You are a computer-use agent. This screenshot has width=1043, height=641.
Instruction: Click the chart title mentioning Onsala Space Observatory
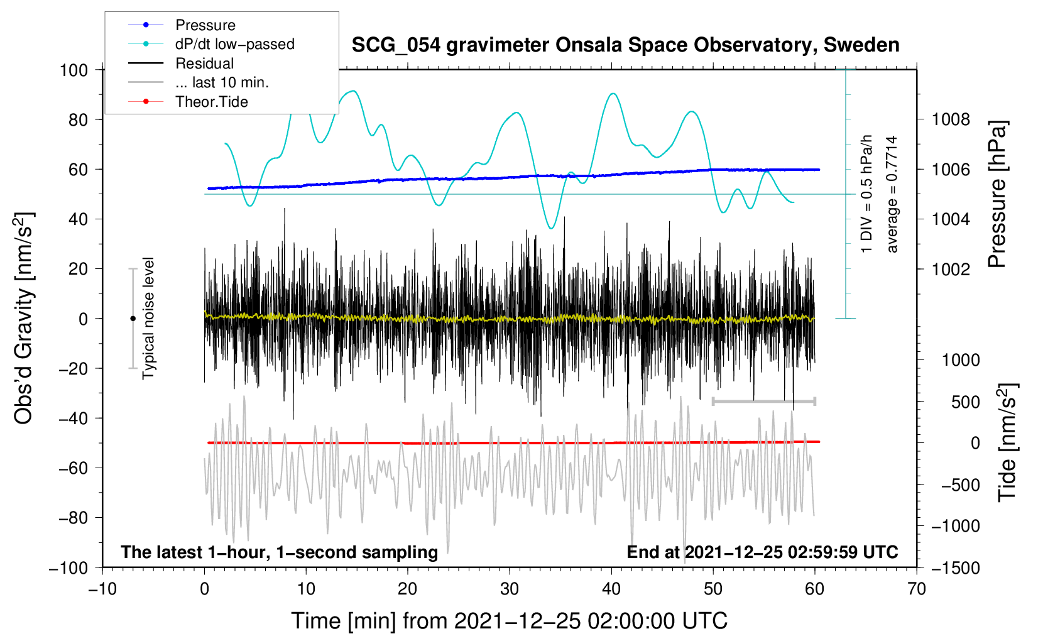point(625,45)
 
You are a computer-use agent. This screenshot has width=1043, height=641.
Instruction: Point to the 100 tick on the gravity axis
point(74,70)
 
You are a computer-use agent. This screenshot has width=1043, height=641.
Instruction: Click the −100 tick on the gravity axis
point(68,567)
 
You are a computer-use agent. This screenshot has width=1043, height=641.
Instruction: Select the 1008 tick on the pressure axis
point(951,119)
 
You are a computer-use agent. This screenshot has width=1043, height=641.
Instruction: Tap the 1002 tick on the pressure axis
point(951,269)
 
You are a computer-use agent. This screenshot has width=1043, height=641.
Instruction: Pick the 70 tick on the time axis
point(917,589)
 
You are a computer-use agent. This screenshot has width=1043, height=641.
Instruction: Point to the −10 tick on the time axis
point(102,589)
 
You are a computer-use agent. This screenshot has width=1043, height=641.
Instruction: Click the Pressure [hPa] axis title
point(997,195)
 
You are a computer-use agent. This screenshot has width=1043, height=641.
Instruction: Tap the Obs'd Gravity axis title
point(24,319)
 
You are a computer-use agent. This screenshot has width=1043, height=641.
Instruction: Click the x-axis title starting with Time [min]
point(509,621)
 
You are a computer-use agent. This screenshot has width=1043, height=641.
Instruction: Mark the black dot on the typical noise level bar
point(133,319)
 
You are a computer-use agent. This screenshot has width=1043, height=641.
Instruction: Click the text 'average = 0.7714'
point(892,195)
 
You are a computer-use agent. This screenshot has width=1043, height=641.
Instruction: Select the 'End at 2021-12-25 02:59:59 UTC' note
point(762,552)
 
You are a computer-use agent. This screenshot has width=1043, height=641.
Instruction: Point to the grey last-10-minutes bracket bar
point(763,401)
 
